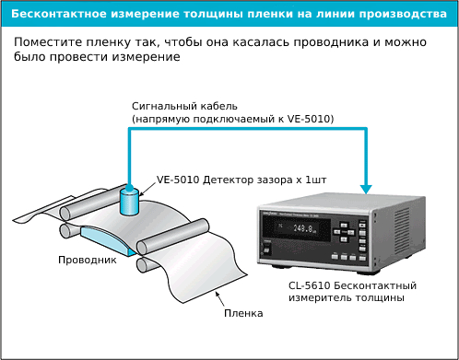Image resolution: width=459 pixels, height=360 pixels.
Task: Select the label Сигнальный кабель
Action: (x=183, y=107)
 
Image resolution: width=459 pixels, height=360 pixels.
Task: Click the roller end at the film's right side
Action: (x=144, y=247)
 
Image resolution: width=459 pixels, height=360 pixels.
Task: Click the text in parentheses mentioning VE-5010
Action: (x=232, y=121)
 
